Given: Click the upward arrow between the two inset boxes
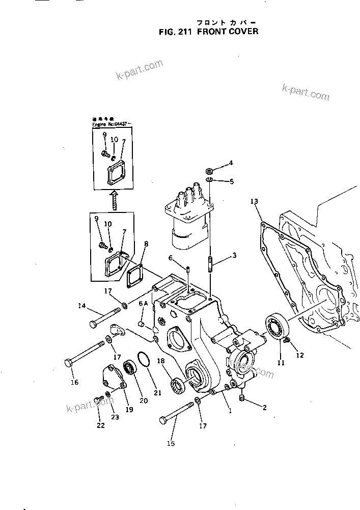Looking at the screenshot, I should [x=115, y=199].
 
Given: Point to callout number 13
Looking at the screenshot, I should [x=255, y=202].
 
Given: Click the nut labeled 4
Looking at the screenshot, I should [x=210, y=169].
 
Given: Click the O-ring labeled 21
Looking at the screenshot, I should [x=144, y=363].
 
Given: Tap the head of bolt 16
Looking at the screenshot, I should [x=70, y=364].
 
